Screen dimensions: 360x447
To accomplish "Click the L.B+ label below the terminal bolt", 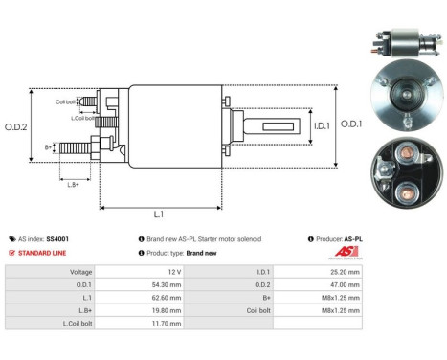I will pos(72,182).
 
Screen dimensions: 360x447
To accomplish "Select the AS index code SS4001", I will pos(58,238).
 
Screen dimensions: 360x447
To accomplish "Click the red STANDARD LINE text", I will pos(47,253).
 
